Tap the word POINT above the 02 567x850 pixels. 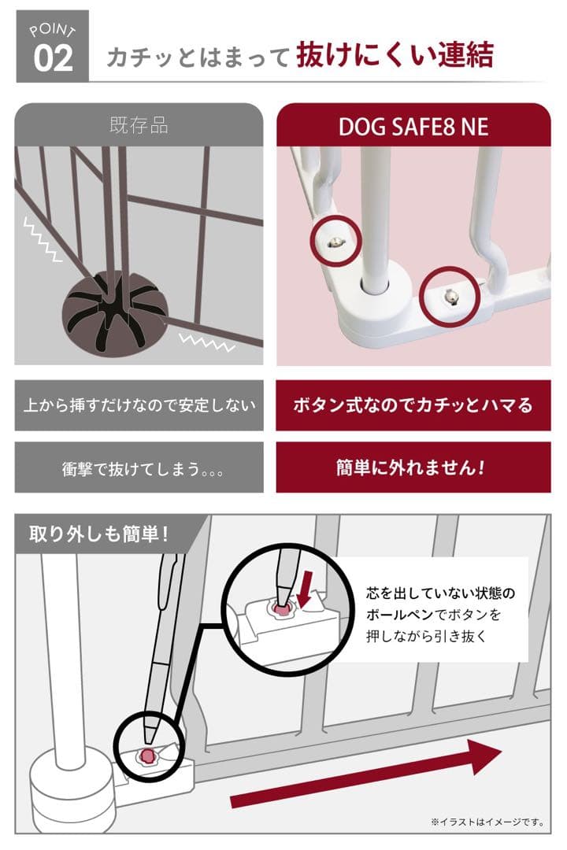52,31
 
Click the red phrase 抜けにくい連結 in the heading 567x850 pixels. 395,56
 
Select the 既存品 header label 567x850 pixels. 139,126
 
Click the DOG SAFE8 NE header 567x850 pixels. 413,127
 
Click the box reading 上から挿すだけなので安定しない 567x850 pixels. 139,405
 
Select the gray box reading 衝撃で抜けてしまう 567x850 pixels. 139,468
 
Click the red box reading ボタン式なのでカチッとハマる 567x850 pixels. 413,405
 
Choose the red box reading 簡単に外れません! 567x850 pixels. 413,468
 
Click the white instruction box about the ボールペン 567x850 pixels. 435,611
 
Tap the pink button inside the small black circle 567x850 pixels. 146,756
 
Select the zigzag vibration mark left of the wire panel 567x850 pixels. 44,239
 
